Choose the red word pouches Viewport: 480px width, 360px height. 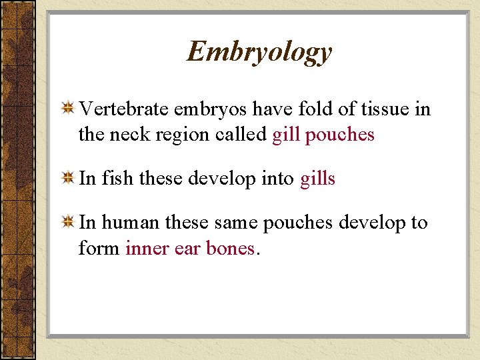(x=340, y=135)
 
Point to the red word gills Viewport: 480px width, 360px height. (x=317, y=179)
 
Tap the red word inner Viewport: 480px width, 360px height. (x=145, y=249)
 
